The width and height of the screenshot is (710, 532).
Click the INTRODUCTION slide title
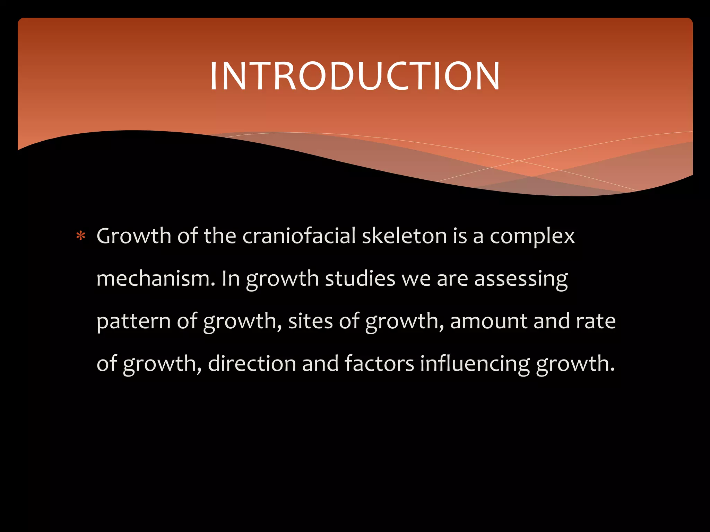[x=355, y=76]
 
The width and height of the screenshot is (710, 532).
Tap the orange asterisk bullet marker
[x=81, y=236]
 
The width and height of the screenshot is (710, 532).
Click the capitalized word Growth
[x=134, y=236]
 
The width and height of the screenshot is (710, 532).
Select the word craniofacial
[x=299, y=236]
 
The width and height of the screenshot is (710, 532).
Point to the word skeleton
[x=404, y=236]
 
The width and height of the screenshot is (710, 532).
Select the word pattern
[x=133, y=321]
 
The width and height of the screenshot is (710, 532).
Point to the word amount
[x=488, y=321]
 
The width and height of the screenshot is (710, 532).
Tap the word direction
[x=252, y=363]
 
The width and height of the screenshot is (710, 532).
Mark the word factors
[x=379, y=363]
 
